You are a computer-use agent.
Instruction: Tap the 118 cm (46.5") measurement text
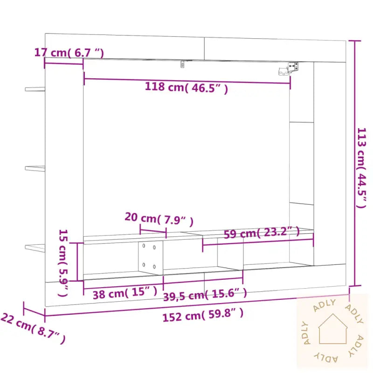click(186, 87)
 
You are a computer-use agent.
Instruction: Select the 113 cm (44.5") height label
click(362, 168)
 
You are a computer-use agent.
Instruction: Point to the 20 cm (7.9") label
click(159, 218)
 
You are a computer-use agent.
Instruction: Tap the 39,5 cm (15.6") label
click(205, 294)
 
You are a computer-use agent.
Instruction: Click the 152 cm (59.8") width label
click(203, 316)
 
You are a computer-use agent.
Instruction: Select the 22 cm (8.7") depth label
click(33, 329)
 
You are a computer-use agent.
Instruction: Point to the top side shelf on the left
click(35, 88)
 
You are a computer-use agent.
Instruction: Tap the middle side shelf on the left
click(35, 168)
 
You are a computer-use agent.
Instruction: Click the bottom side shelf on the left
click(35, 248)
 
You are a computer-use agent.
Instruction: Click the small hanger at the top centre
click(183, 64)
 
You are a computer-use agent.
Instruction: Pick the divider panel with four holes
click(150, 256)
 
